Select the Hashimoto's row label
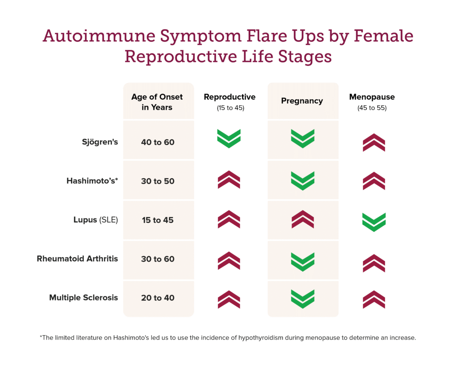pos(92,181)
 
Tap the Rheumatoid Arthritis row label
pos(77,258)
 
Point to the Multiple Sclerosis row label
pos(84,297)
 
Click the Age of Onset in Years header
pos(157,102)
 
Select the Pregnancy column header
pos(302,101)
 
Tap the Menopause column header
pos(372,97)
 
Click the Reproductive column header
pos(229,97)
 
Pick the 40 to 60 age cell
pos(158,143)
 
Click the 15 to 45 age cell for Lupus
pos(158,220)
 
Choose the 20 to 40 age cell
pos(158,298)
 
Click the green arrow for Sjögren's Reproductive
pos(229,139)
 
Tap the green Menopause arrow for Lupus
pos(374,222)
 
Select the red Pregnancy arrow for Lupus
pos(302,219)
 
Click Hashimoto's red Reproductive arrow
pos(229,180)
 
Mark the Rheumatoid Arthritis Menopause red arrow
pos(374,263)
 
